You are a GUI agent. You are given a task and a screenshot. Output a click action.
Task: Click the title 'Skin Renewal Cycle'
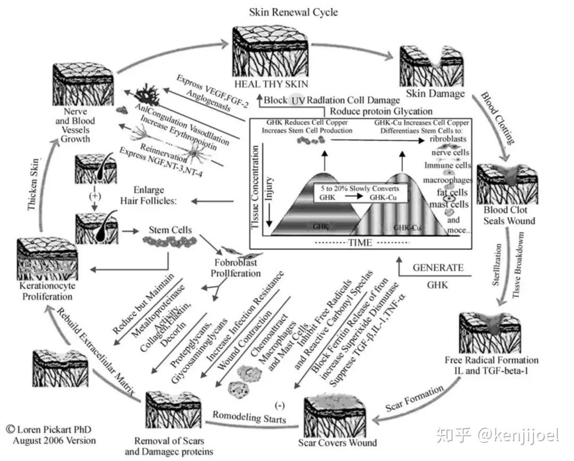coord(293,12)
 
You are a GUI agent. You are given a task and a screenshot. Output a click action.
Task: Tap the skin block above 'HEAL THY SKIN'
coord(270,53)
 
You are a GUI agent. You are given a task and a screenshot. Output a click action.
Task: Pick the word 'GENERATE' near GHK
coord(438,268)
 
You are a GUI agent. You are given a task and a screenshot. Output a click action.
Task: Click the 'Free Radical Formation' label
coord(492,360)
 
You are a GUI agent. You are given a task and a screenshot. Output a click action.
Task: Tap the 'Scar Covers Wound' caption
coord(337,442)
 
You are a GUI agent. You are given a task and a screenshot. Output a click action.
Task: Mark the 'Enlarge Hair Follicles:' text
coord(149,195)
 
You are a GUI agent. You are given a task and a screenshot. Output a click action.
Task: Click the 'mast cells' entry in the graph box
coord(449,204)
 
